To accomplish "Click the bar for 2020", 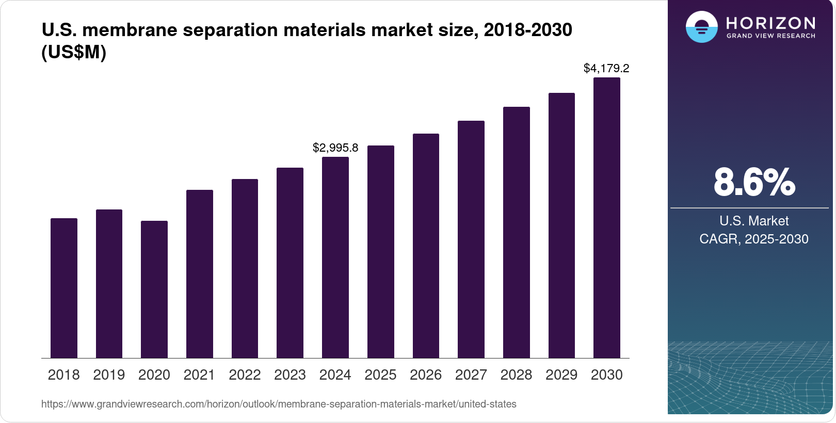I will (154, 289).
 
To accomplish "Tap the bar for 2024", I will (335, 257).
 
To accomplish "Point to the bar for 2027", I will (471, 239).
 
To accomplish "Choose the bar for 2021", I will (200, 274).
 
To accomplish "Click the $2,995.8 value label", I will (335, 148).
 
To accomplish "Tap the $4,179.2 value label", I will (606, 68).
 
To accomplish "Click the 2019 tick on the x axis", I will (109, 375).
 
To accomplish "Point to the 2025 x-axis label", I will (380, 375).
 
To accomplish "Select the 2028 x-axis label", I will (516, 375).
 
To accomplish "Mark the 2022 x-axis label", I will (245, 375).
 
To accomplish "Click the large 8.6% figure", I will (754, 182).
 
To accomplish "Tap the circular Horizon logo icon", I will (701, 27).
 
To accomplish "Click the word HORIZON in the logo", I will (771, 23).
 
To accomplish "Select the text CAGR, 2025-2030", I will (754, 239).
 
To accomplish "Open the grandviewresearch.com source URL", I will (279, 404).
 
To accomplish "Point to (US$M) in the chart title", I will (74, 52).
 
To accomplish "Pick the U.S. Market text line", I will (754, 221).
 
